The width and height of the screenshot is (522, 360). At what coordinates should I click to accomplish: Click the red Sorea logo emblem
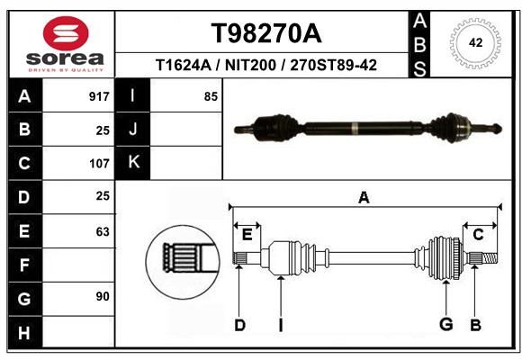click(x=66, y=33)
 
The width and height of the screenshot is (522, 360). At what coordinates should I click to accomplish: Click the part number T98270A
click(x=266, y=33)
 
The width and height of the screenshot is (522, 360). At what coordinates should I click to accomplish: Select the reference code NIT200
click(x=250, y=65)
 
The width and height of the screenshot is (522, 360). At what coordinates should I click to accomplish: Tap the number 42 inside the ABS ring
click(x=475, y=42)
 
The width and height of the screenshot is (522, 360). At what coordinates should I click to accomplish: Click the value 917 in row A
click(x=99, y=96)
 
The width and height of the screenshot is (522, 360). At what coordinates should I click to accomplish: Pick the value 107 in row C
click(x=99, y=164)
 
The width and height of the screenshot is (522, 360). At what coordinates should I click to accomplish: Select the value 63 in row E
click(x=103, y=231)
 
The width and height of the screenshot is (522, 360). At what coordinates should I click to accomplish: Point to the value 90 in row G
click(x=103, y=296)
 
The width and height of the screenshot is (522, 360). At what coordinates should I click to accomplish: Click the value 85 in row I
click(x=211, y=96)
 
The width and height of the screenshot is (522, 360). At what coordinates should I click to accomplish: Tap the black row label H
click(x=24, y=333)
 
